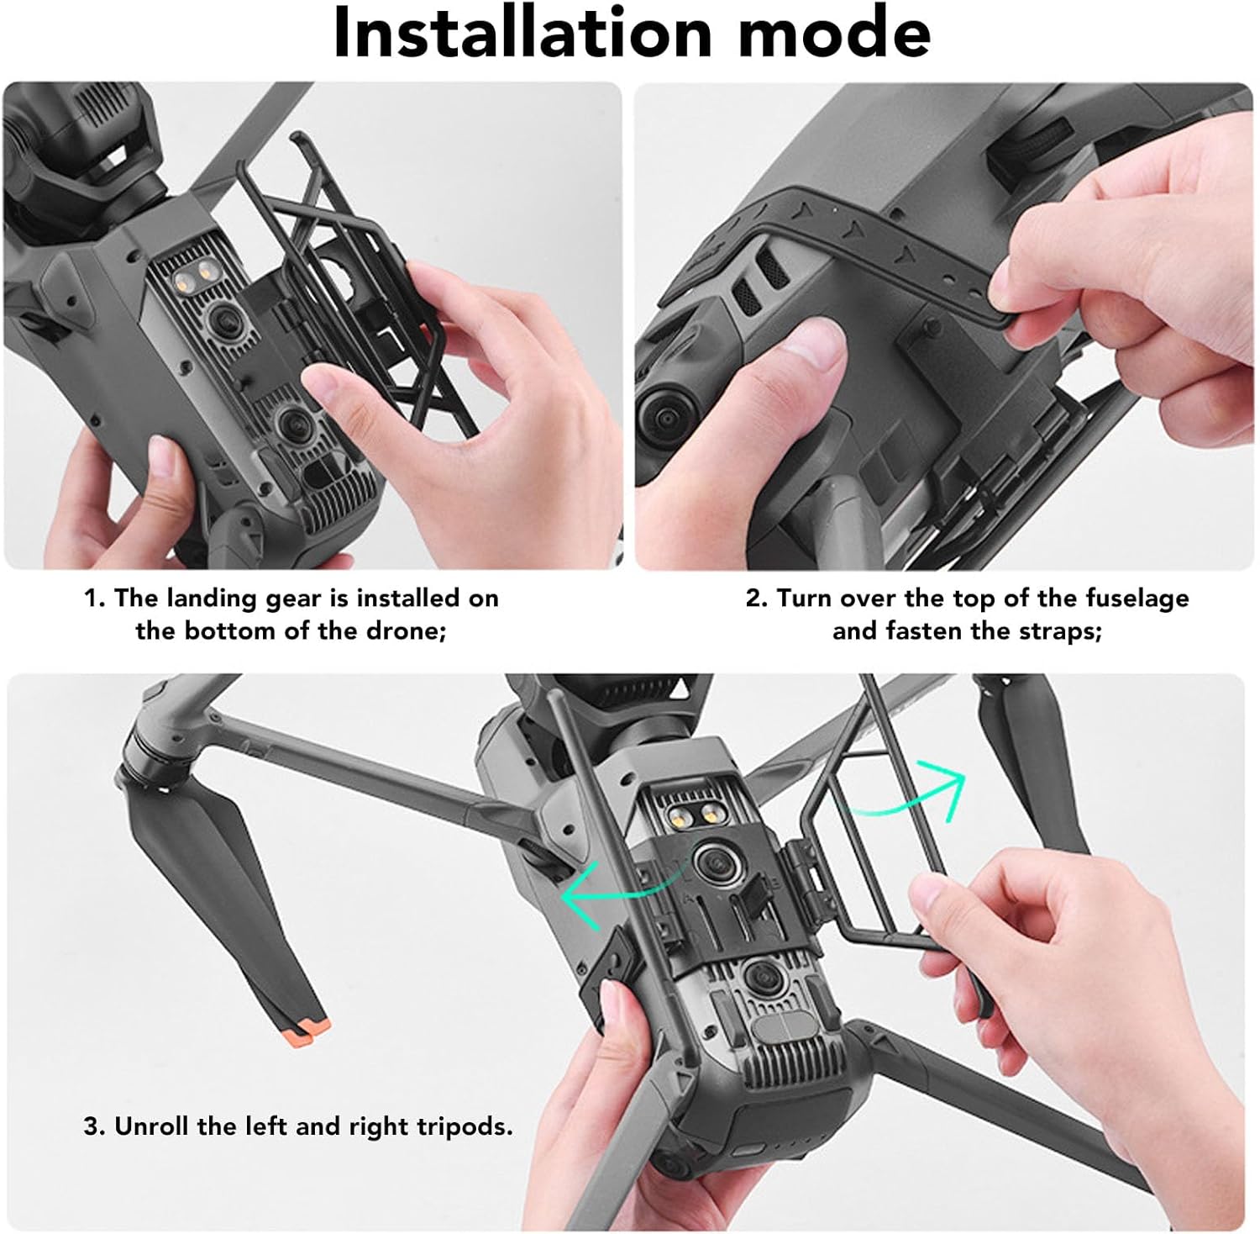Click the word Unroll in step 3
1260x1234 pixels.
point(152,1126)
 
